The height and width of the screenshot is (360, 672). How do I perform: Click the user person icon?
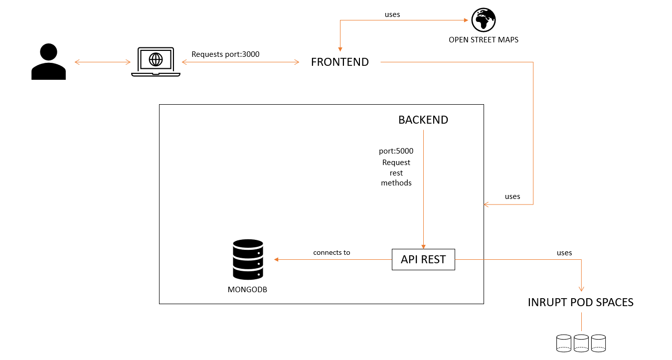[x=48, y=62]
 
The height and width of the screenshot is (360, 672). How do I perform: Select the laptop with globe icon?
[x=156, y=62]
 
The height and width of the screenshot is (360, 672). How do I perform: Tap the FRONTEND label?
[x=340, y=62]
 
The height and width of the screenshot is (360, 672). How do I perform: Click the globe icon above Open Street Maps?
[x=484, y=20]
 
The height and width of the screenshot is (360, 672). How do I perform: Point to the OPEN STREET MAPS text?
[x=484, y=40]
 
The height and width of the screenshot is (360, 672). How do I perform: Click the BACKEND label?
[x=423, y=120]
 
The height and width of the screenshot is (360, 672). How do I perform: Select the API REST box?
[x=423, y=259]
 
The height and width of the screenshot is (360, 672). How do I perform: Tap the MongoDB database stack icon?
[x=248, y=259]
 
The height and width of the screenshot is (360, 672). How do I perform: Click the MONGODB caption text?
[x=248, y=290]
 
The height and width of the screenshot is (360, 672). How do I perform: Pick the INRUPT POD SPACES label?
[x=581, y=302]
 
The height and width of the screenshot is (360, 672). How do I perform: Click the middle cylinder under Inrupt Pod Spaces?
[x=581, y=343]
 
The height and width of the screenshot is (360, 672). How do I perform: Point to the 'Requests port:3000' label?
[x=225, y=54]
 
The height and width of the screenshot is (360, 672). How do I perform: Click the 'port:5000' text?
[x=396, y=151]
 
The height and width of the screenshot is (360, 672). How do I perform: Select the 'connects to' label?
[x=332, y=253]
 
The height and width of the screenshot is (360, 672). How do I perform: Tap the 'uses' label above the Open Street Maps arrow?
[x=392, y=14]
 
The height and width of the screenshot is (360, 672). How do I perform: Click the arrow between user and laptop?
[x=102, y=62]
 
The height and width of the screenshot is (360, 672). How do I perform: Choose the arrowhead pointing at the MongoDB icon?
[x=276, y=259]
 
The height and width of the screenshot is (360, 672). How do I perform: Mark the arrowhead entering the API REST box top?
[x=423, y=246]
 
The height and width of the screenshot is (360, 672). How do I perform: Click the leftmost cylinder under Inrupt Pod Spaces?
[x=564, y=343]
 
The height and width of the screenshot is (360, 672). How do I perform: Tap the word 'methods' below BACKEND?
[x=396, y=183]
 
